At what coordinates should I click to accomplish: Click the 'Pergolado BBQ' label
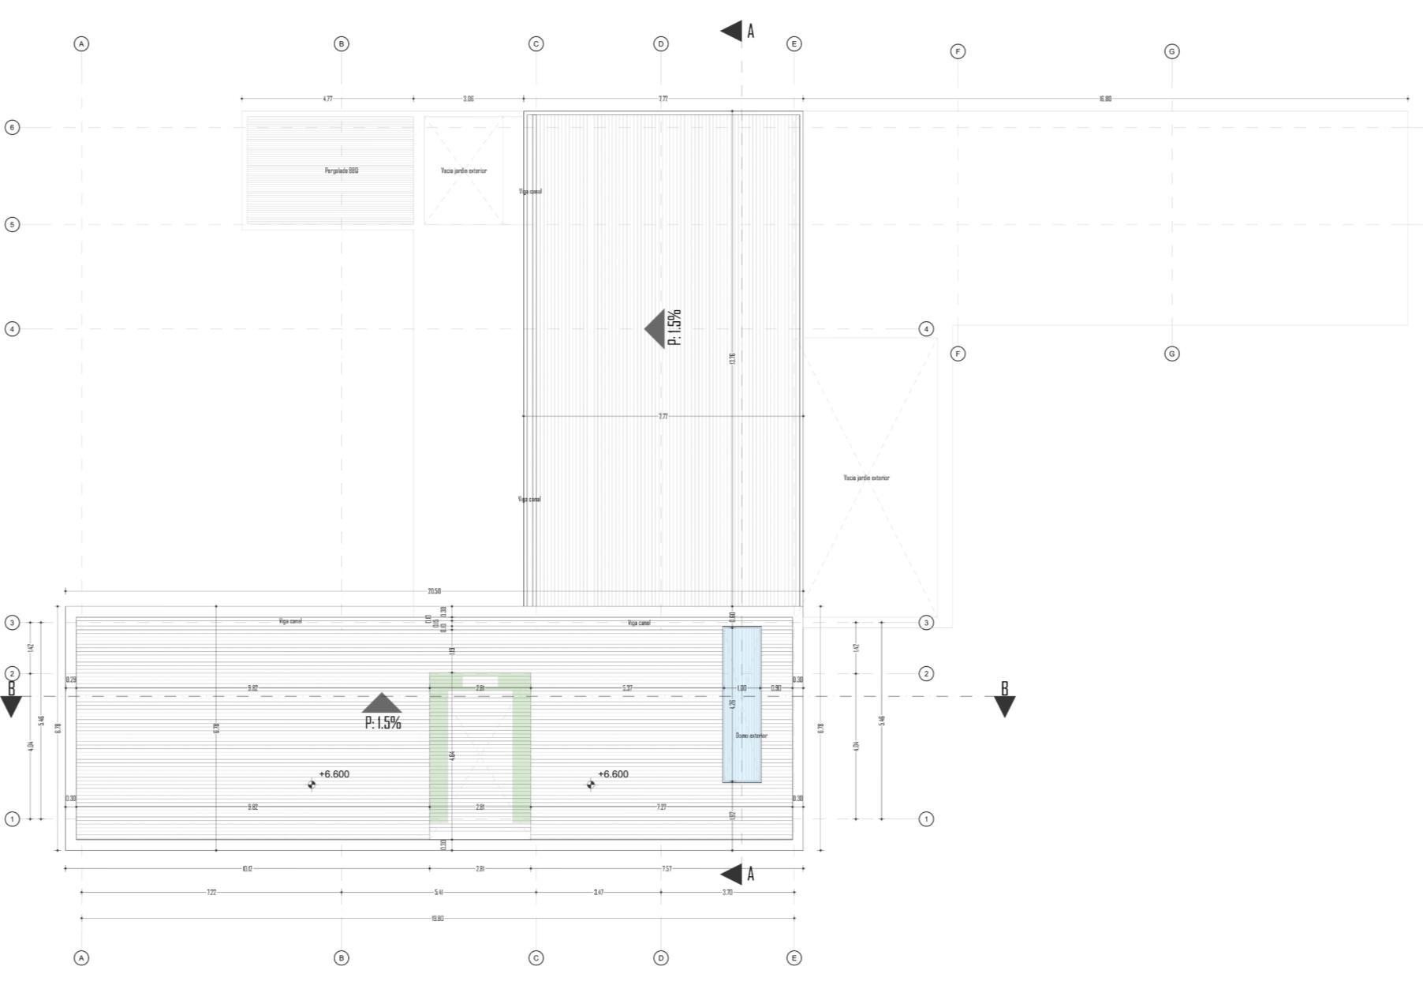point(342,170)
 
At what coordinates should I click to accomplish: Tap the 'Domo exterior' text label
point(751,736)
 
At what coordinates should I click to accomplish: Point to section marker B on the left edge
point(11,697)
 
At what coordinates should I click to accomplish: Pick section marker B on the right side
point(1004,698)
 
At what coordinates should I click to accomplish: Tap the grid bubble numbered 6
point(12,127)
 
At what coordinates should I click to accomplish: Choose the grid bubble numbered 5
point(12,224)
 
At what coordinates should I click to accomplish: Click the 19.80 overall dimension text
point(438,919)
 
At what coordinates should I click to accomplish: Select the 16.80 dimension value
point(1105,99)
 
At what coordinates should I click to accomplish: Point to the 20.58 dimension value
point(434,591)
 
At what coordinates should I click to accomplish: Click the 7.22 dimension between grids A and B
point(211,893)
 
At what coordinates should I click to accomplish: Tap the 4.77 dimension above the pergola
point(327,99)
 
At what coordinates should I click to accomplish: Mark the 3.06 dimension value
point(469,99)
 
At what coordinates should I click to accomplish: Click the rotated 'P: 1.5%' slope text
point(674,328)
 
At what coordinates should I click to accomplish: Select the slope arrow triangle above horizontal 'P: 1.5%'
point(382,703)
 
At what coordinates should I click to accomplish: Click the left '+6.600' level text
point(334,774)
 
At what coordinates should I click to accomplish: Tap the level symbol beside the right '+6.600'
point(591,784)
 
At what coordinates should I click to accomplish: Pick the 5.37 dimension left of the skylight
point(627,688)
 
